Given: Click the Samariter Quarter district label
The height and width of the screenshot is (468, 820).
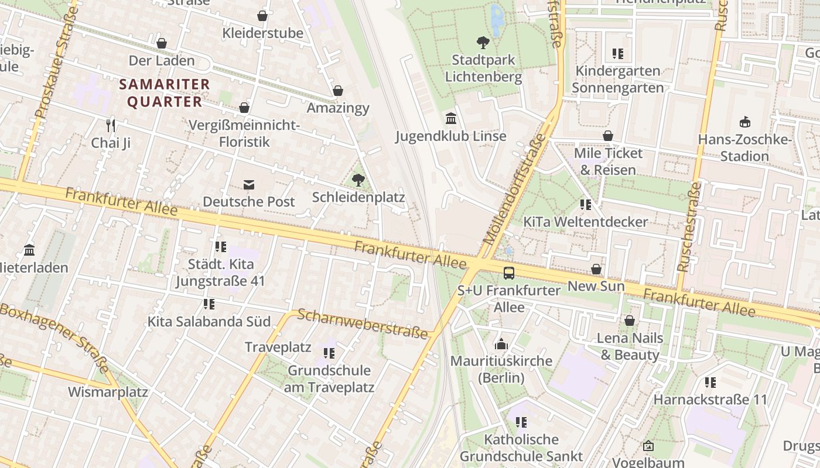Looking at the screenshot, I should tap(164, 93).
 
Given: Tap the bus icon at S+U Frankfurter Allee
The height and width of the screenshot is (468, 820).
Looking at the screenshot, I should tap(509, 273).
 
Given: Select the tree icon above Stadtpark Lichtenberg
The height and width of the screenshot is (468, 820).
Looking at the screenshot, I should tap(483, 42).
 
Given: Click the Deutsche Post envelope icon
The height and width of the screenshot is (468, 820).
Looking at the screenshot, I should tap(249, 185).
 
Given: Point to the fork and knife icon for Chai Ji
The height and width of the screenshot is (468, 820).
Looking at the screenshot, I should tap(111, 125).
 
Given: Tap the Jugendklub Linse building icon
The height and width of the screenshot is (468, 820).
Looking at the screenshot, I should tap(451, 119).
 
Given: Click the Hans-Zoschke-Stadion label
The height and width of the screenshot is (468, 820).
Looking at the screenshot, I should tap(744, 148).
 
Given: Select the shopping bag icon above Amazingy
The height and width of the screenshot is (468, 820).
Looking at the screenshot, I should tap(338, 91).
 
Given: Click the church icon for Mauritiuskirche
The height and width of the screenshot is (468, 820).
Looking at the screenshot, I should tap(501, 343).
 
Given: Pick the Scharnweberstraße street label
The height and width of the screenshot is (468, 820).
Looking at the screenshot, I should tap(363, 324).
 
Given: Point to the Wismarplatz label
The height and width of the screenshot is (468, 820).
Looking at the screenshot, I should tap(108, 391).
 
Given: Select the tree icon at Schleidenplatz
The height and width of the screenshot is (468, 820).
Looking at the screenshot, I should tap(358, 180).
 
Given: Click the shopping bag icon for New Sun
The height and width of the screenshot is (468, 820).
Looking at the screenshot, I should tap(596, 269).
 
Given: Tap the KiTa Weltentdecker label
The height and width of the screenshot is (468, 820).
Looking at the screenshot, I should tap(585, 222).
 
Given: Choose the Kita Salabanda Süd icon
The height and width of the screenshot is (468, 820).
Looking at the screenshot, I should tap(209, 304).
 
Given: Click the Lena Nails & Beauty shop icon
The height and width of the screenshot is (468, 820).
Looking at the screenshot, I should tap(630, 321).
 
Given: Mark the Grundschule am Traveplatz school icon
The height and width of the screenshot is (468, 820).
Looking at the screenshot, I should tap(329, 353).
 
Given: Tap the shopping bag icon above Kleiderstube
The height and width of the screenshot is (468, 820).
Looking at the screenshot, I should tap(262, 16).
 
